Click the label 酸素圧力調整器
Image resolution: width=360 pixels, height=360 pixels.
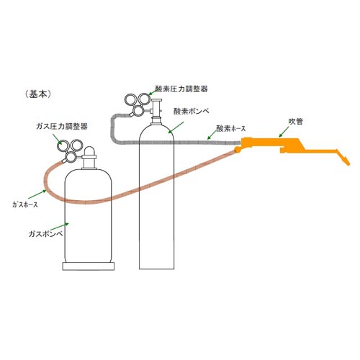coord(181,89)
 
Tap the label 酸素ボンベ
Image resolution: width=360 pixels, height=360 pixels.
coord(192,111)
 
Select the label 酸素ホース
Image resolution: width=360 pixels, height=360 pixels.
coord(231,129)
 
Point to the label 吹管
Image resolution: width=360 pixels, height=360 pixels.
coord(295,122)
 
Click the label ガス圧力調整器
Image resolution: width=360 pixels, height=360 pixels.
coord(62,126)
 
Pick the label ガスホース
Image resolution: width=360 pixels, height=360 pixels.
coord(25,204)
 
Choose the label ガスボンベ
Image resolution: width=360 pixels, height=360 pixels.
coord(46,233)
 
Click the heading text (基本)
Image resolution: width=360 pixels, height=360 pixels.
coord(38,94)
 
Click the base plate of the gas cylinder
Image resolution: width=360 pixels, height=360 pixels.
coord(89,266)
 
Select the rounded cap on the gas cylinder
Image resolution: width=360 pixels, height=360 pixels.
coord(89,151)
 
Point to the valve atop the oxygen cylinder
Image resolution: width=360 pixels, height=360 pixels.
coord(156,111)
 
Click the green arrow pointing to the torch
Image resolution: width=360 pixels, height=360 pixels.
coord(284,132)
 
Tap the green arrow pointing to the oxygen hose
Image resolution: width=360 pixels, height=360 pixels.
coord(212,135)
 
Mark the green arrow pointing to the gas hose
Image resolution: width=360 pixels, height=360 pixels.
coord(37,194)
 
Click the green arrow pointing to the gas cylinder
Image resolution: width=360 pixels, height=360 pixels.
coord(59,227)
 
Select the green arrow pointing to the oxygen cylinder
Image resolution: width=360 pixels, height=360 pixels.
coord(176,127)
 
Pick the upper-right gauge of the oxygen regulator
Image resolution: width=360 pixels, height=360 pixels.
coord(144,99)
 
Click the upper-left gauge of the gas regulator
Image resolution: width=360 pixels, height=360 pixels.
coord(63,145)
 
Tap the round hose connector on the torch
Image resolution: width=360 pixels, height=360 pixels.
coord(238,150)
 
